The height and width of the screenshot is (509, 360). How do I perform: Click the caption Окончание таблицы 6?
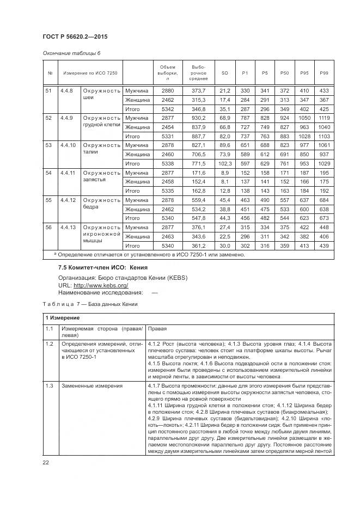(71, 53)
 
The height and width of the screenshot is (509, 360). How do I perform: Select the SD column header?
(224, 73)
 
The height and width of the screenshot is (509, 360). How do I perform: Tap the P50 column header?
(284, 73)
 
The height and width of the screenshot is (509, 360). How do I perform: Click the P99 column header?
(324, 73)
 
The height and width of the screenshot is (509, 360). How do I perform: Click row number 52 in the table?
(48, 118)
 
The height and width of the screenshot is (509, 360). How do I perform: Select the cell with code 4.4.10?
(68, 145)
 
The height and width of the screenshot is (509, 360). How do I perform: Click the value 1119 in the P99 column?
(324, 118)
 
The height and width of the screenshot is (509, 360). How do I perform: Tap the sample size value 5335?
(167, 191)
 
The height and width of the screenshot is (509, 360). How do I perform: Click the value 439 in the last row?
(324, 246)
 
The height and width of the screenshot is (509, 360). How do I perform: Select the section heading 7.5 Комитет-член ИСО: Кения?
(102, 268)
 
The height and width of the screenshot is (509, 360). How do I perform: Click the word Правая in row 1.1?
(157, 329)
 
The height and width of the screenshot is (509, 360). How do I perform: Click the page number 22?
(46, 463)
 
